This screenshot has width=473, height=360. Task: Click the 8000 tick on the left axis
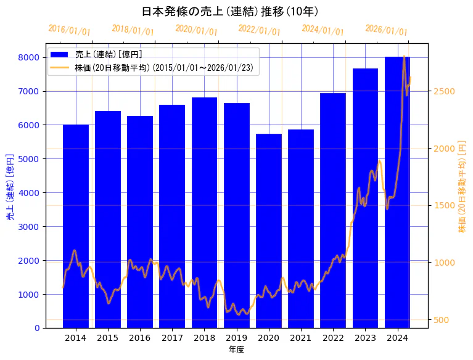coord(31,57)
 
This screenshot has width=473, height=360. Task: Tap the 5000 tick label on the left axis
coord(31,159)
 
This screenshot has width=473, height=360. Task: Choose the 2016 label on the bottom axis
coord(140,338)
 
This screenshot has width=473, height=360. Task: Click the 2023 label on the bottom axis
coord(365,338)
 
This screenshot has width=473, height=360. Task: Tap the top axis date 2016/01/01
coord(69,30)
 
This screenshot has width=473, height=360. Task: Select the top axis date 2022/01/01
coord(259,30)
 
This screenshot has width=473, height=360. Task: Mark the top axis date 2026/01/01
coord(386,30)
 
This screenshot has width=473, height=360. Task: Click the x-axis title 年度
coord(236,350)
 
